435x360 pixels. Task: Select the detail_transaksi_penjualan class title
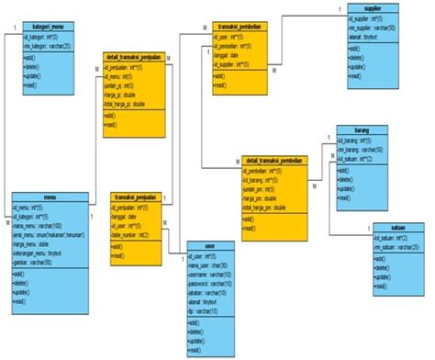pyautogui.click(x=138, y=57)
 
